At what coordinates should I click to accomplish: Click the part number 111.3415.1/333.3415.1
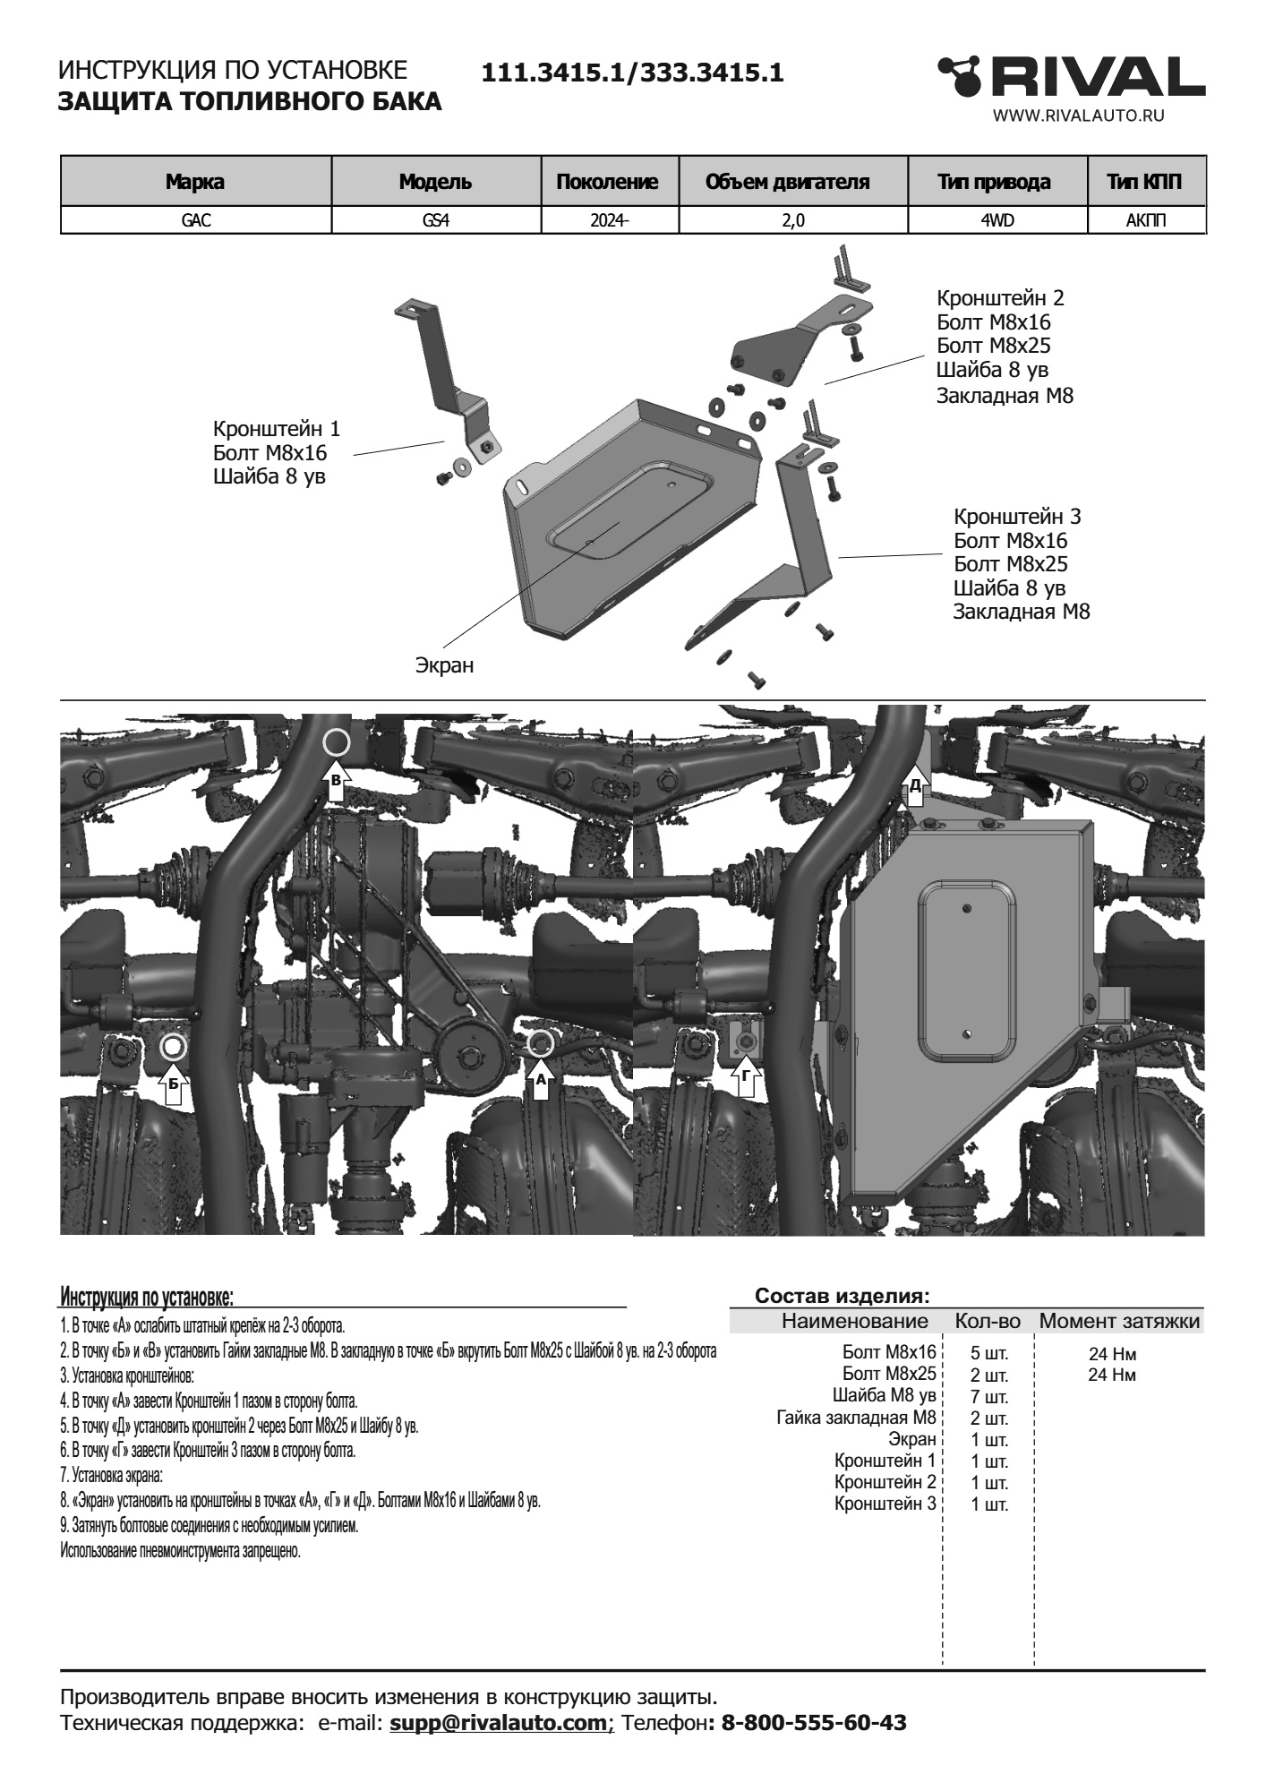pyautogui.click(x=632, y=73)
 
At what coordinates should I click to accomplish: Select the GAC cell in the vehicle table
pyautogui.click(x=196, y=220)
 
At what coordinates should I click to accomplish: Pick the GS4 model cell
pyautogui.click(x=436, y=220)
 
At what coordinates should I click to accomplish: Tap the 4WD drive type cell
pyautogui.click(x=997, y=220)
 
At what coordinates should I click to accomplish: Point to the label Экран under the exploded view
pyautogui.click(x=444, y=665)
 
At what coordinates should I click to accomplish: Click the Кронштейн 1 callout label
pyautogui.click(x=277, y=429)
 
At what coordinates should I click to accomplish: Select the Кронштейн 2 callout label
pyautogui.click(x=1000, y=298)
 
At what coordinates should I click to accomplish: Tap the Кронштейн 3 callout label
pyautogui.click(x=1017, y=517)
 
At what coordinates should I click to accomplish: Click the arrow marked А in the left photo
pyautogui.click(x=540, y=1076)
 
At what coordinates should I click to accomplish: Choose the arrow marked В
pyautogui.click(x=336, y=779)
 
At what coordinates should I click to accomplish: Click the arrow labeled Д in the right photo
pyautogui.click(x=914, y=782)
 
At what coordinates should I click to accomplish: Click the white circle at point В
pyautogui.click(x=337, y=741)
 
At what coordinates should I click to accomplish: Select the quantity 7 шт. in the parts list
pyautogui.click(x=989, y=1397)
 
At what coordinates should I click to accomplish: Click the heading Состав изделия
pyautogui.click(x=843, y=1296)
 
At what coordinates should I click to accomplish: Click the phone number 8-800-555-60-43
pyautogui.click(x=813, y=1722)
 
